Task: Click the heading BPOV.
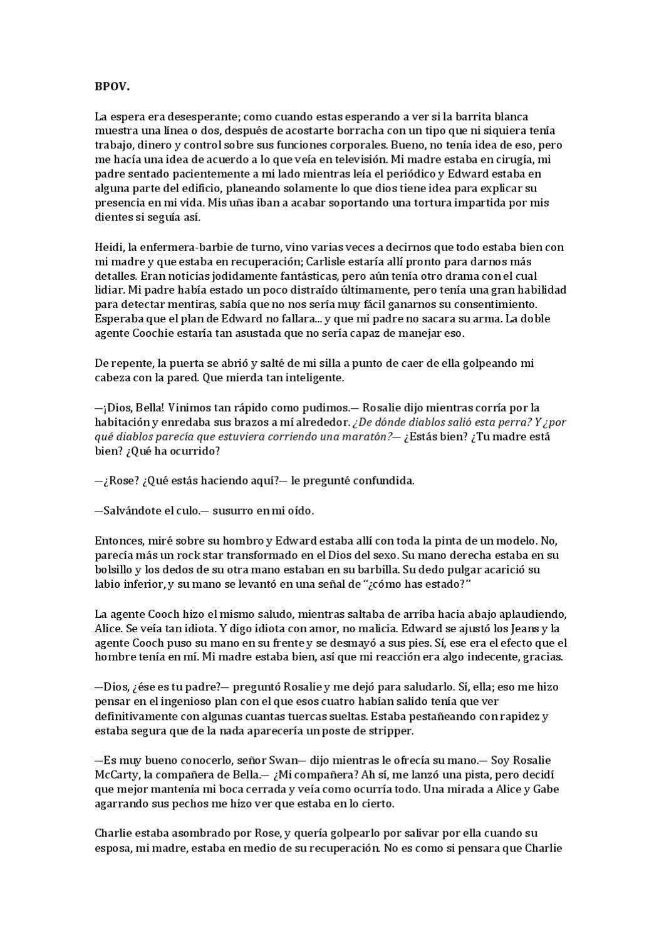[x=112, y=87]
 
